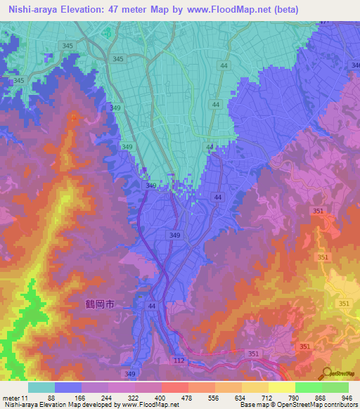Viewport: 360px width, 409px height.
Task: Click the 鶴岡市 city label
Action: [x=95, y=304]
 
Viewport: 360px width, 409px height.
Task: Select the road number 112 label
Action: [x=181, y=360]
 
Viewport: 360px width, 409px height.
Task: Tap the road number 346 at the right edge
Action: [x=354, y=65]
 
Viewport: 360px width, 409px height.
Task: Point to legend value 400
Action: [x=161, y=398]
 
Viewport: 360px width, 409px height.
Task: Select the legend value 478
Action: [x=188, y=398]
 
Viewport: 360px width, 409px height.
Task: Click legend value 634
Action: [x=241, y=398]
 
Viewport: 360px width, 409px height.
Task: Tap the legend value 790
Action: [x=295, y=398]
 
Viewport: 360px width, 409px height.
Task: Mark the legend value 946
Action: [x=346, y=398]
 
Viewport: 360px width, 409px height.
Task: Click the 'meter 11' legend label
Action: [x=15, y=398]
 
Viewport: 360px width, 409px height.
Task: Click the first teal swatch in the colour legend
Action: [x=41, y=387]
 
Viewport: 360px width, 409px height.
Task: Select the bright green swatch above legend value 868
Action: [x=308, y=387]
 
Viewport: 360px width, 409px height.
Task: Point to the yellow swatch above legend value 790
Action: [x=281, y=387]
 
